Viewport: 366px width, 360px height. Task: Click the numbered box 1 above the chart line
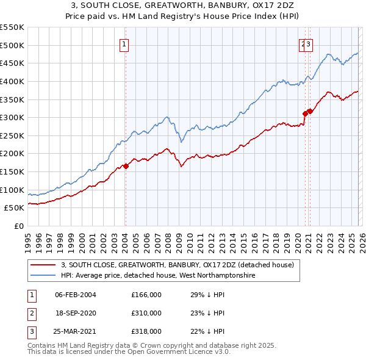[124, 43]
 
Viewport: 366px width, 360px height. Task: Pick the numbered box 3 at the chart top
[309, 43]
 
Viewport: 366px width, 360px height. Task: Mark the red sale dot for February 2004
[126, 165]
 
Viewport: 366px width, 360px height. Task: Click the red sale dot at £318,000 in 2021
[310, 111]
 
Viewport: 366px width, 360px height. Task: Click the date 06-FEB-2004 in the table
[76, 295]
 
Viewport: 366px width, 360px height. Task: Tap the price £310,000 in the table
[146, 313]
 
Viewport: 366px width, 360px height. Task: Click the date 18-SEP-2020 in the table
[76, 313]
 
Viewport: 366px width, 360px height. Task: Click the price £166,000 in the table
[146, 295]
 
